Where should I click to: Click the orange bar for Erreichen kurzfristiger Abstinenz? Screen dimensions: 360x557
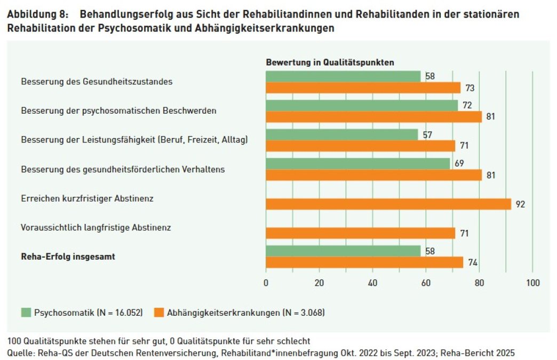pos(388,204)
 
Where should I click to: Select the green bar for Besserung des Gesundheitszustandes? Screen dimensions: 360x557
pos(343,76)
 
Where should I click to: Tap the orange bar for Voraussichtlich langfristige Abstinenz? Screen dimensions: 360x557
pos(360,233)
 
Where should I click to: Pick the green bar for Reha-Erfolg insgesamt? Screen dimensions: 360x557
pos(343,251)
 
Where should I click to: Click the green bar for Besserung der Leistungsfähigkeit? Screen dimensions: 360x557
pos(341,134)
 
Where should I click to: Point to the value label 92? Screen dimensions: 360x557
pos(520,204)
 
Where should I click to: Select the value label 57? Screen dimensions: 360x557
pos(427,134)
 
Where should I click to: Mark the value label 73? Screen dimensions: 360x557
pos(470,88)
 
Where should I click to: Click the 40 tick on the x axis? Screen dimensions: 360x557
pos(372,283)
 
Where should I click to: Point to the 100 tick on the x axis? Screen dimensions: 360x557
pos(532,283)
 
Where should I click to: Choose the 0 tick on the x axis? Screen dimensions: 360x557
pos(266,283)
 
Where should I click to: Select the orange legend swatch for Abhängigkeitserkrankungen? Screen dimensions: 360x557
pos(158,313)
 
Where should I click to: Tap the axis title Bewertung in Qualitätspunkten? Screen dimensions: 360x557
pos(330,62)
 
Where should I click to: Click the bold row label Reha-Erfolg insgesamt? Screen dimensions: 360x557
pos(68,257)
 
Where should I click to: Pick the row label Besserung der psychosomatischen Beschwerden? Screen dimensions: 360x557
pos(118,111)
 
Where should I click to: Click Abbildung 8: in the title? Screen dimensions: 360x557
pos(37,14)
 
